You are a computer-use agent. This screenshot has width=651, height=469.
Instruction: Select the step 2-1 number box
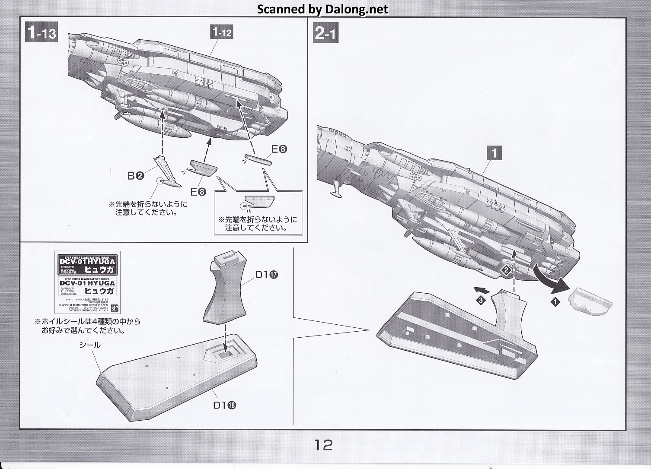325,33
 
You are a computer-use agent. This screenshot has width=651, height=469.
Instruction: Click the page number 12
324,444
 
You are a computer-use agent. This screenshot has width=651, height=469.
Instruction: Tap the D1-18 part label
224,405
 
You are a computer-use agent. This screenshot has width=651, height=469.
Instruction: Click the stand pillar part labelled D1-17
226,289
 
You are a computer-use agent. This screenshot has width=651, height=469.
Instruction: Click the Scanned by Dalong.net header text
322,9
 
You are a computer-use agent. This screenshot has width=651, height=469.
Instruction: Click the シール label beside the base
89,345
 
